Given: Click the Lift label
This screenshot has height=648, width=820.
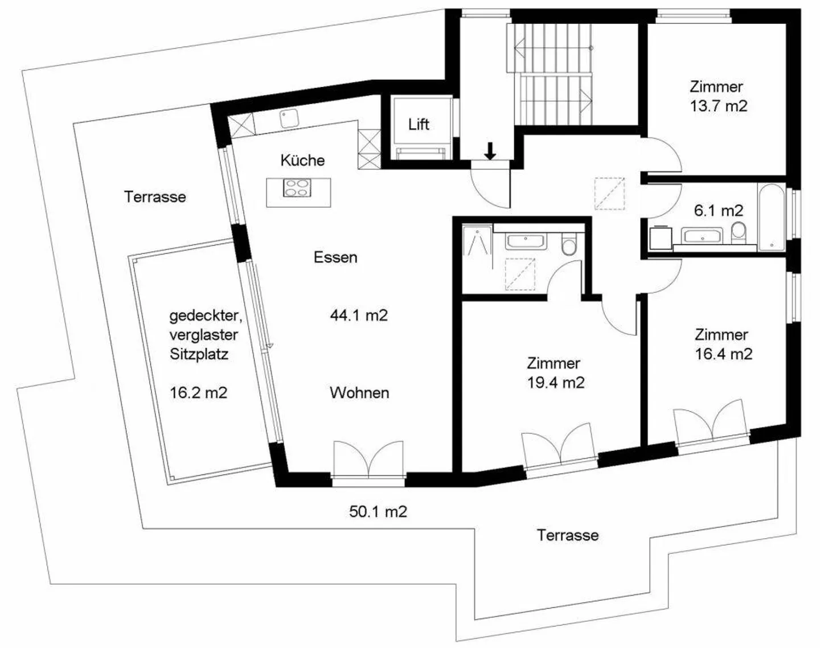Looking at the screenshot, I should (x=419, y=124).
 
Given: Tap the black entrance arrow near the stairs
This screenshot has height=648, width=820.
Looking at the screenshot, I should (x=490, y=151).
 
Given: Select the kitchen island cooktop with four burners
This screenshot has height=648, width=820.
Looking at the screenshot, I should (x=298, y=188).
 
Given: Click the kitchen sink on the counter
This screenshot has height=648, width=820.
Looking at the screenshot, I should (x=288, y=118).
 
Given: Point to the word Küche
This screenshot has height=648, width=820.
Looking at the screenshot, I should (x=302, y=161).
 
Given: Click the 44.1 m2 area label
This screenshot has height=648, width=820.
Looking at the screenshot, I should (x=359, y=315).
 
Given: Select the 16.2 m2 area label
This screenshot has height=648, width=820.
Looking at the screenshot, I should (x=198, y=393).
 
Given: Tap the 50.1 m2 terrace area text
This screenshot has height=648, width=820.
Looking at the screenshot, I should (x=378, y=511).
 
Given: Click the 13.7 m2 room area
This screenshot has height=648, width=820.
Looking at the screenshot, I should (x=719, y=106).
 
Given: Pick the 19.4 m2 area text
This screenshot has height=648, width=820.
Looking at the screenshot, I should (x=556, y=383).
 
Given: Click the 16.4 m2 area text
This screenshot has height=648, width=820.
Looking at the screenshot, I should (x=723, y=354).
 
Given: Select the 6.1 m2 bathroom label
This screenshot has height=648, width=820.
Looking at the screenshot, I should (x=718, y=211).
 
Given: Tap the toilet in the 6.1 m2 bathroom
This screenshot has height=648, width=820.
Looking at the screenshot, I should (x=739, y=232).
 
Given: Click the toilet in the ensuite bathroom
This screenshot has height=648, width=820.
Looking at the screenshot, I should (x=569, y=245).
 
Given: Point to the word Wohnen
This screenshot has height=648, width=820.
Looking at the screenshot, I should (x=359, y=393).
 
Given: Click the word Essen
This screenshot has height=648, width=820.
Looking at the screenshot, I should (x=335, y=257).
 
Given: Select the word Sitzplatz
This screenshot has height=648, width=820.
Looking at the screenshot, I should (x=199, y=354).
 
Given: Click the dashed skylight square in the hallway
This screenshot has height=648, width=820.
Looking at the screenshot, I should (x=609, y=194).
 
